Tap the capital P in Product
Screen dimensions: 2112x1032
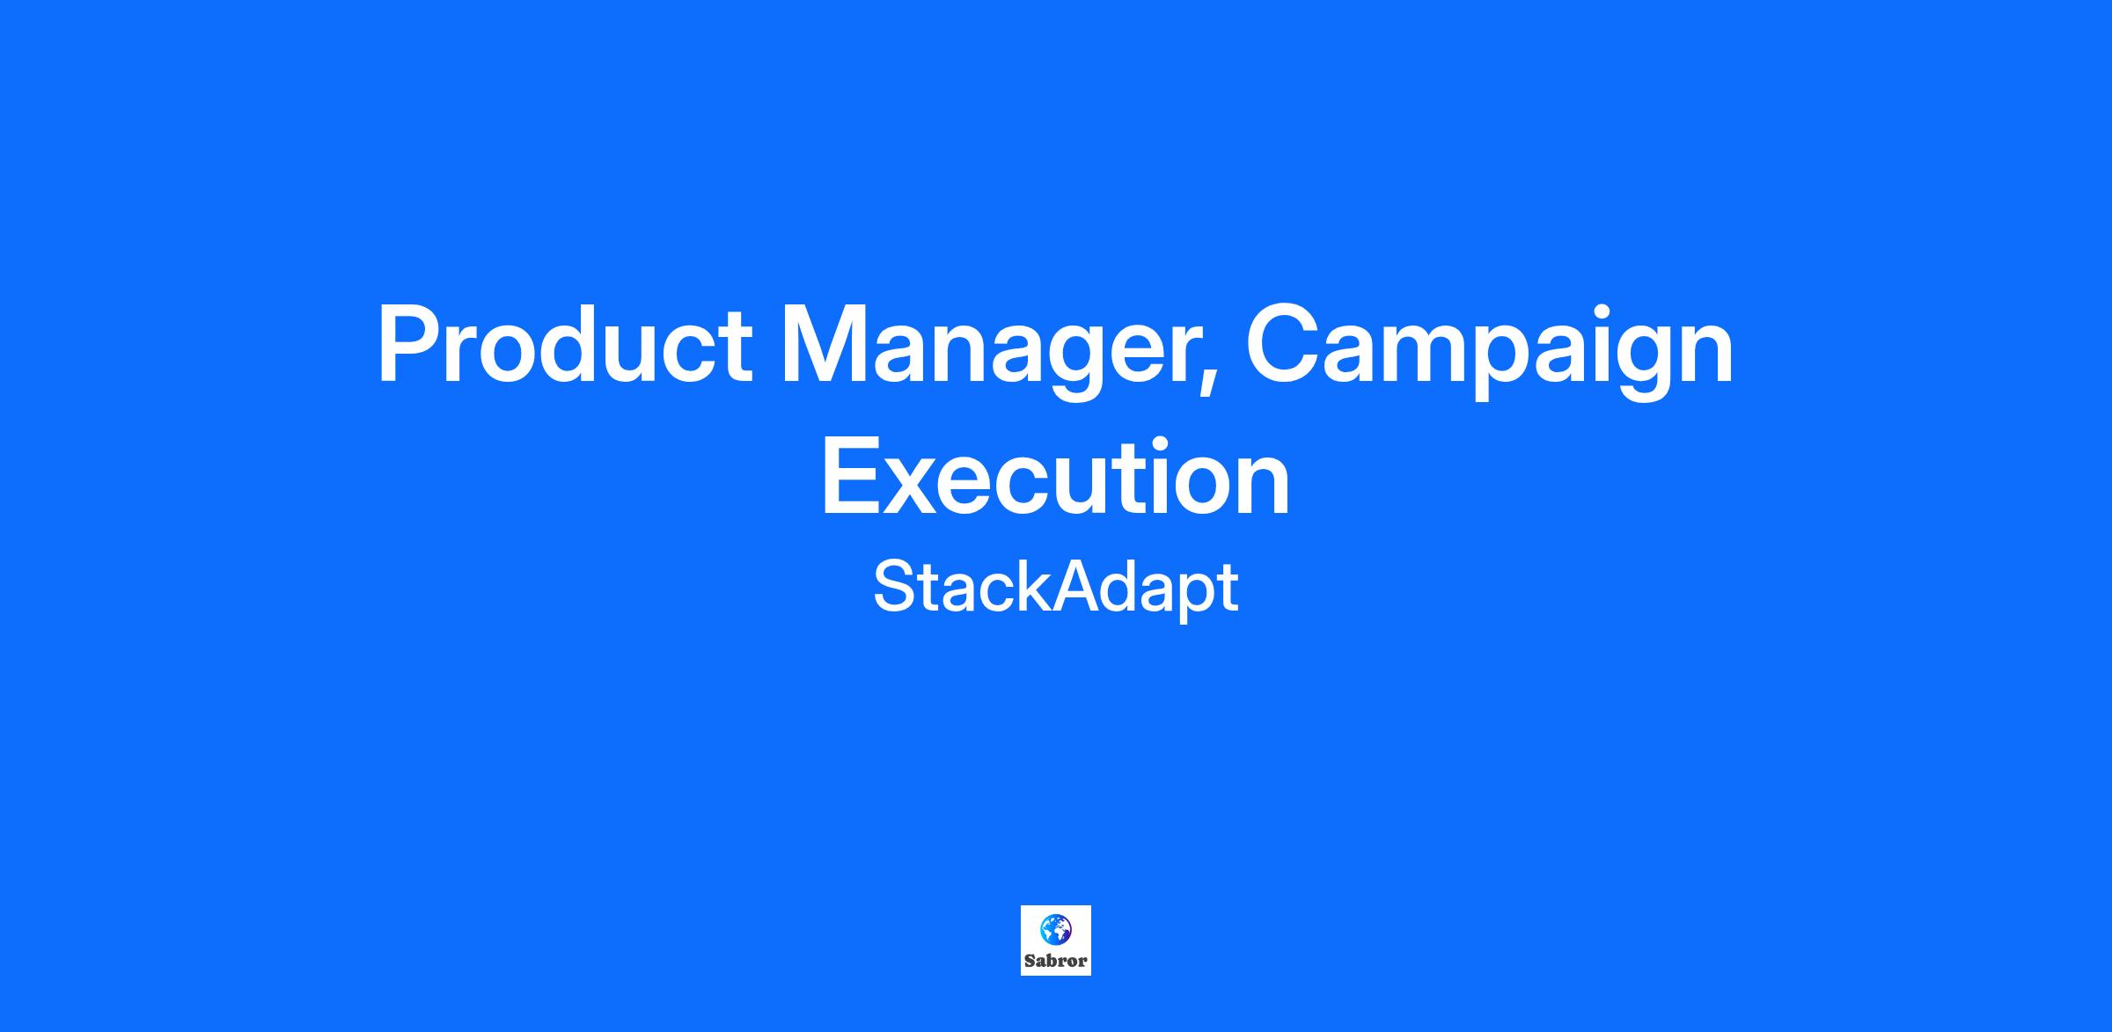[x=408, y=345]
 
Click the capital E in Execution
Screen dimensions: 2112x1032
[x=852, y=475]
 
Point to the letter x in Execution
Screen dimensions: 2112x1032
[x=916, y=487]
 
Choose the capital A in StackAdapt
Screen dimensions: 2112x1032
[x=1074, y=587]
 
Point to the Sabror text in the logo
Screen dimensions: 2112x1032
[x=1055, y=961]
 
